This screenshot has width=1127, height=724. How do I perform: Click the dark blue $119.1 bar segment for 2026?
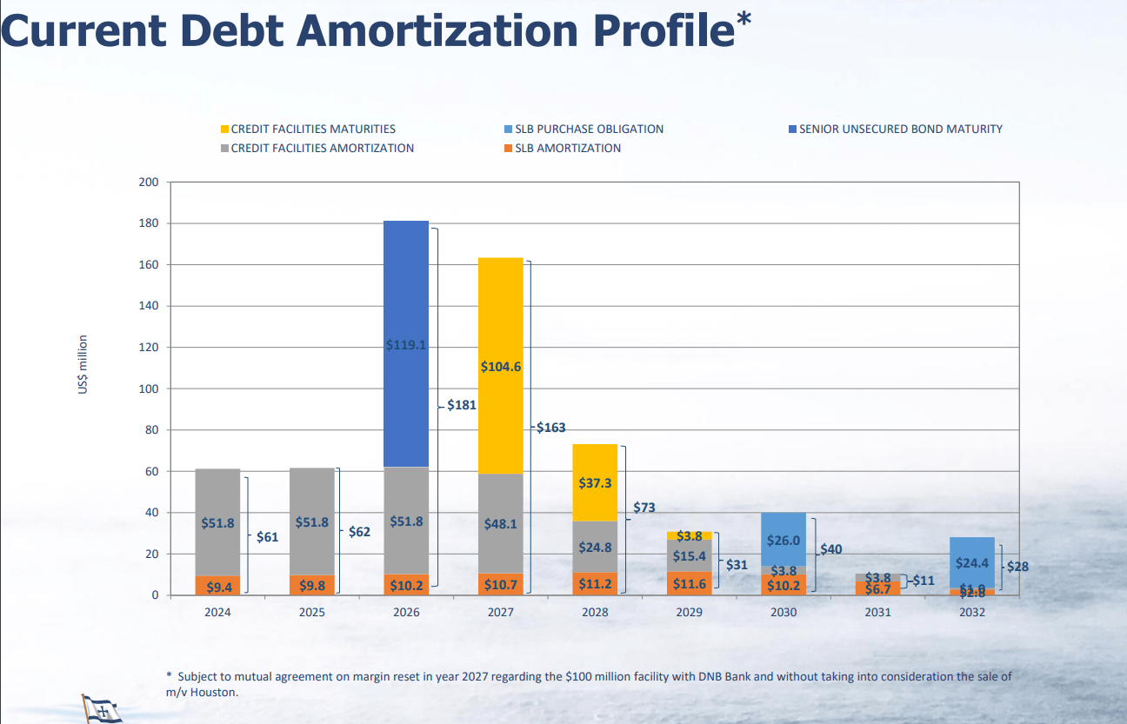406,344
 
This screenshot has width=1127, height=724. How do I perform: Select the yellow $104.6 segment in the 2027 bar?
501,366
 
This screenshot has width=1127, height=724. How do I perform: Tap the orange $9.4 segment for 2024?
217,587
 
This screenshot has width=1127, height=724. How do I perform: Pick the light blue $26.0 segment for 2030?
784,540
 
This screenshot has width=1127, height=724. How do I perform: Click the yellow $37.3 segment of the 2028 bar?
595,482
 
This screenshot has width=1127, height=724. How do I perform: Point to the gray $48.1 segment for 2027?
501,524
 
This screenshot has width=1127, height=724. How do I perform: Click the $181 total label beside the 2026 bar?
460,405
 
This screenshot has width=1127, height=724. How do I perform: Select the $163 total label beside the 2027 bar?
550,428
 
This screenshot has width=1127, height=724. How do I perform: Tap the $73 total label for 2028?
644,508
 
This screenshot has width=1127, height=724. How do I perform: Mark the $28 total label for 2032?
1017,567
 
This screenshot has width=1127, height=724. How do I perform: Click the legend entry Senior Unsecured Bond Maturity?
900,129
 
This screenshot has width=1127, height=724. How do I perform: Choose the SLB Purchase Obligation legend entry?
589,129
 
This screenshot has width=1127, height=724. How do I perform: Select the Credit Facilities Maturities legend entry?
312,129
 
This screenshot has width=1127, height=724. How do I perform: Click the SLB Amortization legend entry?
567,148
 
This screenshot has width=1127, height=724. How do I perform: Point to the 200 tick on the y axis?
149,183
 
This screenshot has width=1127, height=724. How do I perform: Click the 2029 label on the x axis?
689,613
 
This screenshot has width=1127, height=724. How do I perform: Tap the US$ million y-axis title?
83,364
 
